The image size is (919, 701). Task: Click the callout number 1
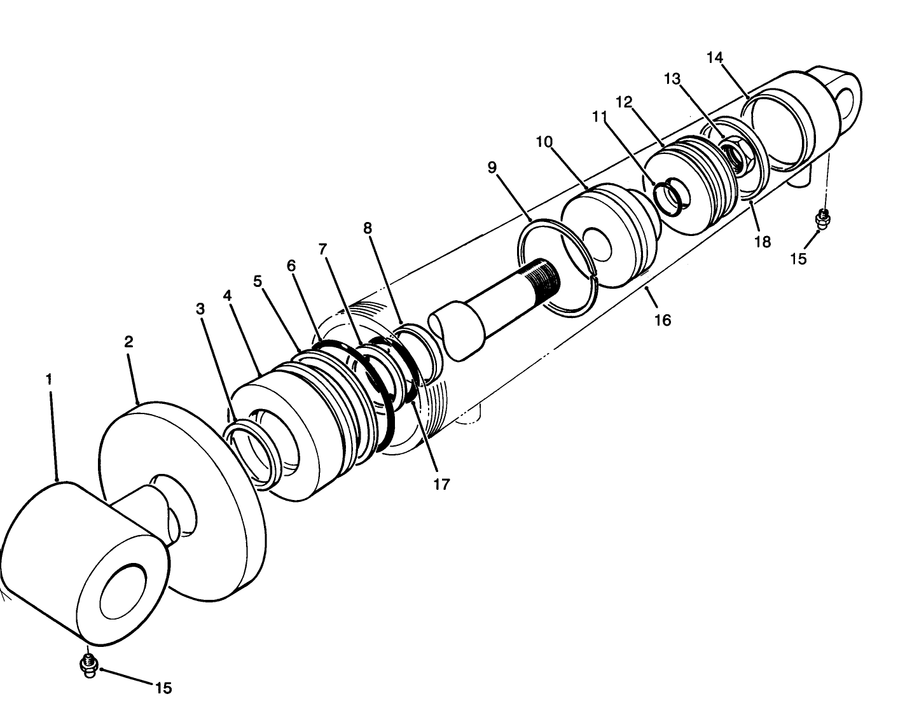[48, 379]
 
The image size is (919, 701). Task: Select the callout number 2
[128, 342]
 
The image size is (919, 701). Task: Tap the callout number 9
[492, 167]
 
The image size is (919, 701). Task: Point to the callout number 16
[663, 320]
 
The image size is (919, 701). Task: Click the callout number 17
[441, 484]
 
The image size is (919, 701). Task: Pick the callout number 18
[762, 241]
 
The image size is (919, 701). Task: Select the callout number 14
[715, 58]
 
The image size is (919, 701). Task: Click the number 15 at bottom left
[163, 688]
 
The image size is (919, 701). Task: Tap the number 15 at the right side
[798, 258]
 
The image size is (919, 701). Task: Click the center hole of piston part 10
[598, 244]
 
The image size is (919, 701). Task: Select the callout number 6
[291, 265]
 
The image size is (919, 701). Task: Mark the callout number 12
[624, 102]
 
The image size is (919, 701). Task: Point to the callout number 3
[200, 309]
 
